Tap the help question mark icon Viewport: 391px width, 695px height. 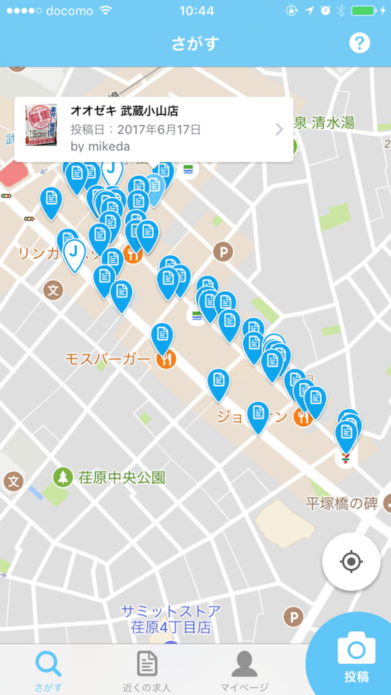tap(359, 43)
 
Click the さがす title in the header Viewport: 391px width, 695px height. tap(195, 44)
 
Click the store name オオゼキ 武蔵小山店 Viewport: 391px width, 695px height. tap(124, 111)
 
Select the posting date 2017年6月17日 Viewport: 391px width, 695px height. tap(159, 128)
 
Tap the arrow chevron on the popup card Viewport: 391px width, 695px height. tap(279, 129)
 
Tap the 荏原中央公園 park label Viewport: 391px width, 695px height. tap(121, 476)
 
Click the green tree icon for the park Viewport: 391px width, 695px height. tap(63, 476)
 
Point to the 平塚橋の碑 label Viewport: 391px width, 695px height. tap(341, 504)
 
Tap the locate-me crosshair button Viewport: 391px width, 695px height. tap(351, 562)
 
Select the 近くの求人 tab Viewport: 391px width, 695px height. tap(147, 671)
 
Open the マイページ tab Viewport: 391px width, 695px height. tap(244, 671)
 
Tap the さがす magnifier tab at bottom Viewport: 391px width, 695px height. tap(49, 671)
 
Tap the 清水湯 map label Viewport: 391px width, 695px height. tap(333, 123)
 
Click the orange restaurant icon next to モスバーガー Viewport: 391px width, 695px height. tap(166, 358)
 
